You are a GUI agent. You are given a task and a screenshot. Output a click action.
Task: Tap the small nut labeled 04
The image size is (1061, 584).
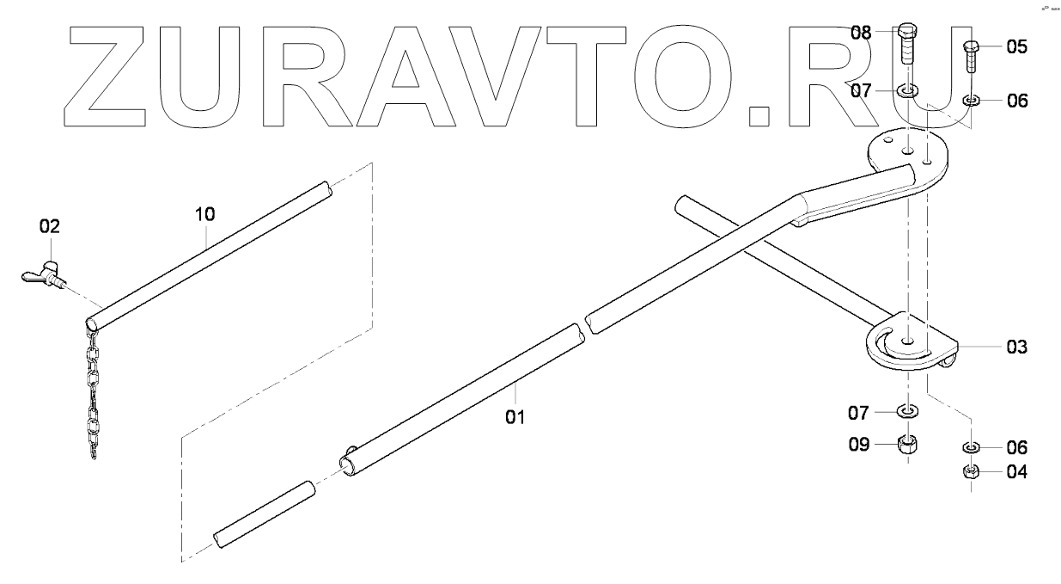[971, 471]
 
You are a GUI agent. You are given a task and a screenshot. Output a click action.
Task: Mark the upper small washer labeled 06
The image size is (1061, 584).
[973, 101]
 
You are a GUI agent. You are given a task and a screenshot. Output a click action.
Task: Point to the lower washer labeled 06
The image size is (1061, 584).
[971, 447]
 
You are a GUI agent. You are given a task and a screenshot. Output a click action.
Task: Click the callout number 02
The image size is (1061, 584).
[50, 227]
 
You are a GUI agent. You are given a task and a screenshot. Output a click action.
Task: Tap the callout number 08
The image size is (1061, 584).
[862, 33]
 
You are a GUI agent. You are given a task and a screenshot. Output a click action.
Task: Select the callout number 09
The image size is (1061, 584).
[862, 445]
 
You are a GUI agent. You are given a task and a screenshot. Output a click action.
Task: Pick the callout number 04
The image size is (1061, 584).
[1016, 471]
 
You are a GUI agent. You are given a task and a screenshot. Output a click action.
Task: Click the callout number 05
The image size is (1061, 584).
[1016, 46]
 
